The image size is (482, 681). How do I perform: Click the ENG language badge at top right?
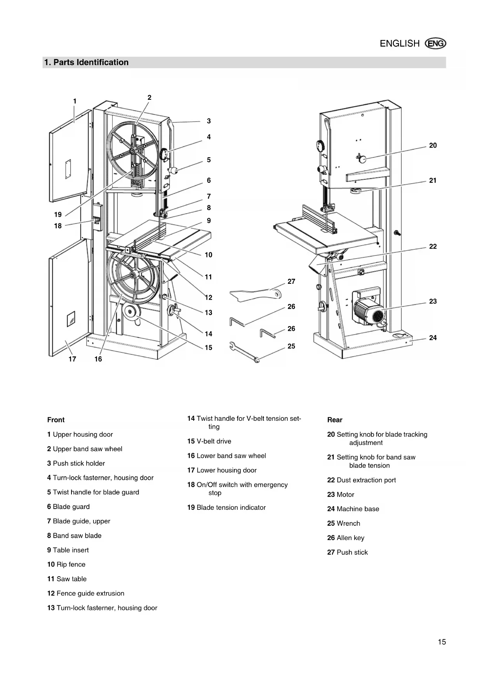click(436, 43)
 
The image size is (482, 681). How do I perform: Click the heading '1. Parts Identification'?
click(86, 63)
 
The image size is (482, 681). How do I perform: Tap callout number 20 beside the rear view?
click(433, 146)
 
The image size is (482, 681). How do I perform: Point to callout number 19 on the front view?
click(58, 215)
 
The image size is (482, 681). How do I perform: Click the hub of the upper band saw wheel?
click(133, 150)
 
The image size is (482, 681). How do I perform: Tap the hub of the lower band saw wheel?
click(134, 275)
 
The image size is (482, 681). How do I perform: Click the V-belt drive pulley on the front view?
click(129, 311)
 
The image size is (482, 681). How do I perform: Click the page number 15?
click(442, 642)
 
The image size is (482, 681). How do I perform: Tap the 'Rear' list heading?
click(334, 420)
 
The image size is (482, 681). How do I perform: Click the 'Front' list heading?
click(56, 420)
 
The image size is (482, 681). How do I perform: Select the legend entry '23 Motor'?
click(341, 495)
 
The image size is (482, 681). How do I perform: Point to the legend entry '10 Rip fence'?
click(66, 565)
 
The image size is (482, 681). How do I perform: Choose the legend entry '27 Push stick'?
click(347, 552)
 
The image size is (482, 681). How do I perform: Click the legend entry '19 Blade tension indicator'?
click(226, 507)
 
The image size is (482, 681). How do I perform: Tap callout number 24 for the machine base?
click(433, 338)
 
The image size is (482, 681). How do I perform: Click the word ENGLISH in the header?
click(399, 43)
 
